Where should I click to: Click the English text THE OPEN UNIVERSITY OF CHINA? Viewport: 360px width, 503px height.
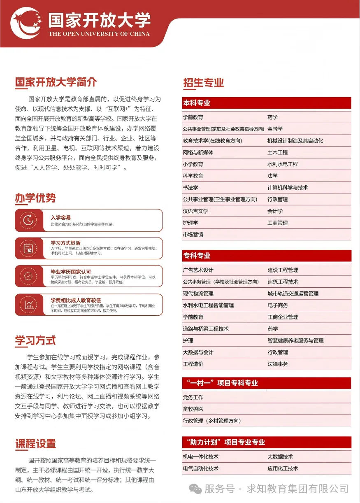(99, 34)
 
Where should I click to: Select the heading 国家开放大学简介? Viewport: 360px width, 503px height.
(56, 82)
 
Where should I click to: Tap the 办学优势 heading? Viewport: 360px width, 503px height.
(35, 198)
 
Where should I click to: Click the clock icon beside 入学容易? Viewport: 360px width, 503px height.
(28, 220)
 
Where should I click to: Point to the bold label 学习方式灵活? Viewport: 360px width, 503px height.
(65, 243)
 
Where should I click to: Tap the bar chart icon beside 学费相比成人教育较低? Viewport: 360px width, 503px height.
(28, 305)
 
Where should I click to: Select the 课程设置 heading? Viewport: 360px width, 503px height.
(35, 444)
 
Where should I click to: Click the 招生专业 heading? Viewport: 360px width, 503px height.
(204, 82)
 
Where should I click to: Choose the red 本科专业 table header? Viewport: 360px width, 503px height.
(267, 103)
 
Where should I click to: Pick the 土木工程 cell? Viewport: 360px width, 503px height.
(277, 152)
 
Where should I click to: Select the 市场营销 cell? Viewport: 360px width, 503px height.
(193, 235)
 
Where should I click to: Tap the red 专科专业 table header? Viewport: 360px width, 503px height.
(267, 256)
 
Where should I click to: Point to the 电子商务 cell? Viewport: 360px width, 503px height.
(278, 305)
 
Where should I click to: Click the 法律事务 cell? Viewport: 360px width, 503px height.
(278, 364)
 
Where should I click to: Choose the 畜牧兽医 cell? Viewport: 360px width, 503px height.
(193, 409)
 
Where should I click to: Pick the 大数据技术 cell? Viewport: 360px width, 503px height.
(280, 457)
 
